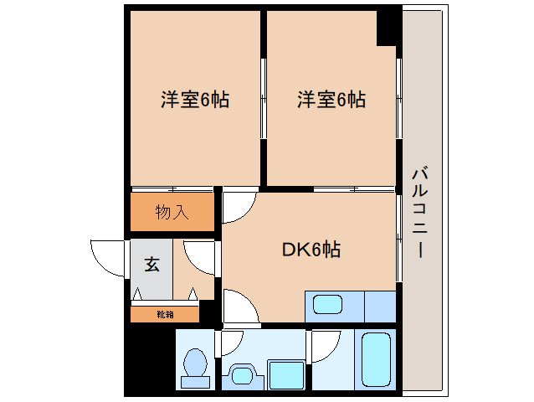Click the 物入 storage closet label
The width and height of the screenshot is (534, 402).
pyautogui.click(x=172, y=212)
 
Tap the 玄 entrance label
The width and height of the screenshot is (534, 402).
pyautogui.click(x=151, y=264)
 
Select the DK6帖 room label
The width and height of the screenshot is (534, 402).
pyautogui.click(x=311, y=250)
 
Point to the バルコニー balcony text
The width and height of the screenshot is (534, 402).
pyautogui.click(x=420, y=212)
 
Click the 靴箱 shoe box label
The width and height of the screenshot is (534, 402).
pyautogui.click(x=165, y=314)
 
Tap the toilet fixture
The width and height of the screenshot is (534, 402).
pyautogui.click(x=195, y=368)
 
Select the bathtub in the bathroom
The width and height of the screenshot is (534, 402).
pyautogui.click(x=376, y=359)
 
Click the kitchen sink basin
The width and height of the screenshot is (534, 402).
pyautogui.click(x=327, y=304)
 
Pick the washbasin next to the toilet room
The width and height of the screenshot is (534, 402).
pyautogui.click(x=243, y=375)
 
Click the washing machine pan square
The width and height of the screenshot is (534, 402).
pyautogui.click(x=286, y=374)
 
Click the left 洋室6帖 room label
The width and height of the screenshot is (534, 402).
pyautogui.click(x=195, y=100)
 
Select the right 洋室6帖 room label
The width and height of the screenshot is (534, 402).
pyautogui.click(x=331, y=100)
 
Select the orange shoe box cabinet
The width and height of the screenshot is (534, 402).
pyautogui.click(x=165, y=314)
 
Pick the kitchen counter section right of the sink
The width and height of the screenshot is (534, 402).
pyautogui.click(x=380, y=307)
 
